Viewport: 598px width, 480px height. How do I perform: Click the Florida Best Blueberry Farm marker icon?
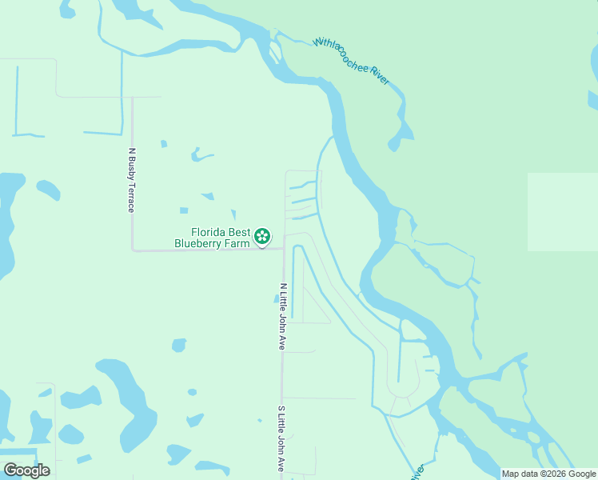[x=261, y=236]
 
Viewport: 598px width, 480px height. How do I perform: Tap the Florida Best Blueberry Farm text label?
[x=209, y=237]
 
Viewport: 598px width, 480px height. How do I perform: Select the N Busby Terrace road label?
[x=131, y=180]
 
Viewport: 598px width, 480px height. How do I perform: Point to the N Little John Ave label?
[x=282, y=316]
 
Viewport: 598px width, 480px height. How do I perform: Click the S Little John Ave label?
[x=281, y=438]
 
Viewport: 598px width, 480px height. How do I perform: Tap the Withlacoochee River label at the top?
[x=351, y=61]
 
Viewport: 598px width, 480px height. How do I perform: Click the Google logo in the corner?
[x=26, y=470]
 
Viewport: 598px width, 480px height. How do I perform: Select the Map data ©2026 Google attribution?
[x=549, y=474]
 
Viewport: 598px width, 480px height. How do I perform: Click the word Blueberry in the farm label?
[x=200, y=243]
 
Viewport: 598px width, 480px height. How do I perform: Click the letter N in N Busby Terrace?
[x=131, y=150]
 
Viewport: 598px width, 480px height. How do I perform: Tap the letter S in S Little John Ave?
[x=281, y=410]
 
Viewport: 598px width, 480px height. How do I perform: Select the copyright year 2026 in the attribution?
[x=560, y=474]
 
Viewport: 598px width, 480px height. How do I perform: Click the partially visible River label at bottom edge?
[x=417, y=472]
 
